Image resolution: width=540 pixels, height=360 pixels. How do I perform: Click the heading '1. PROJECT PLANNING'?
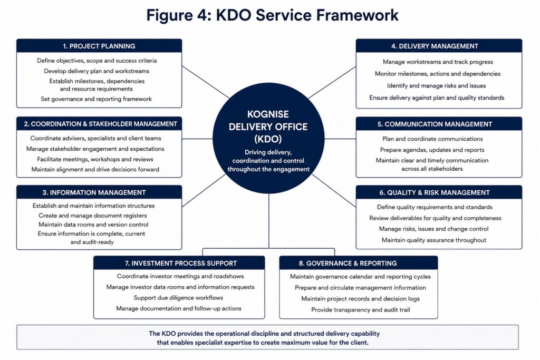click(99, 46)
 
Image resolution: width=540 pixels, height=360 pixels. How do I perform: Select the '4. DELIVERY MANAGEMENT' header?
click(435, 46)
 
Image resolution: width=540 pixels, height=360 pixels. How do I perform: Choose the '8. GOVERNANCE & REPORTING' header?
click(348, 264)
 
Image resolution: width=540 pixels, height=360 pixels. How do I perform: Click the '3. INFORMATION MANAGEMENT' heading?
click(94, 193)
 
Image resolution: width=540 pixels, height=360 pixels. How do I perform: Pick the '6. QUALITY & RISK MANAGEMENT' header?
click(435, 193)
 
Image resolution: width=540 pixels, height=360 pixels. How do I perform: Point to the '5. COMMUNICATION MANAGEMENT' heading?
click(435, 124)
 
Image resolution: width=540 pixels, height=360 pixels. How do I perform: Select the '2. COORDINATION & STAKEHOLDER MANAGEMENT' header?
click(100, 124)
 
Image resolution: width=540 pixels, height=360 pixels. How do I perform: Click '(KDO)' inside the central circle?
click(268, 139)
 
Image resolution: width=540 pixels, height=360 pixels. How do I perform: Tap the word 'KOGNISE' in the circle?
click(268, 114)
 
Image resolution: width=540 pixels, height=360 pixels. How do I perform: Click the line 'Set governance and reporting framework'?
click(96, 99)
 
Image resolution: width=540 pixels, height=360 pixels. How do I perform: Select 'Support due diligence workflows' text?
click(178, 298)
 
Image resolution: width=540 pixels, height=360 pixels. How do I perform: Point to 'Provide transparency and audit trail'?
click(361, 310)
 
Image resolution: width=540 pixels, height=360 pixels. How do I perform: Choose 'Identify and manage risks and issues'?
click(436, 86)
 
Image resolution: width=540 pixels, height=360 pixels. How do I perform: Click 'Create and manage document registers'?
click(93, 216)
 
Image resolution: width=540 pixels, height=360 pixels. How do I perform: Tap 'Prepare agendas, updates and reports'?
click(432, 150)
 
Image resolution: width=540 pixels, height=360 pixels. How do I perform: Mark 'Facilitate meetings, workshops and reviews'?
click(95, 159)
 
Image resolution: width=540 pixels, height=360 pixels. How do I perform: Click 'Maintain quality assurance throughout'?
click(434, 240)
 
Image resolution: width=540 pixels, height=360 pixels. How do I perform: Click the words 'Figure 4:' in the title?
click(179, 15)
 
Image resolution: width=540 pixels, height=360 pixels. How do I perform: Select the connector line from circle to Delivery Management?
click(332, 83)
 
